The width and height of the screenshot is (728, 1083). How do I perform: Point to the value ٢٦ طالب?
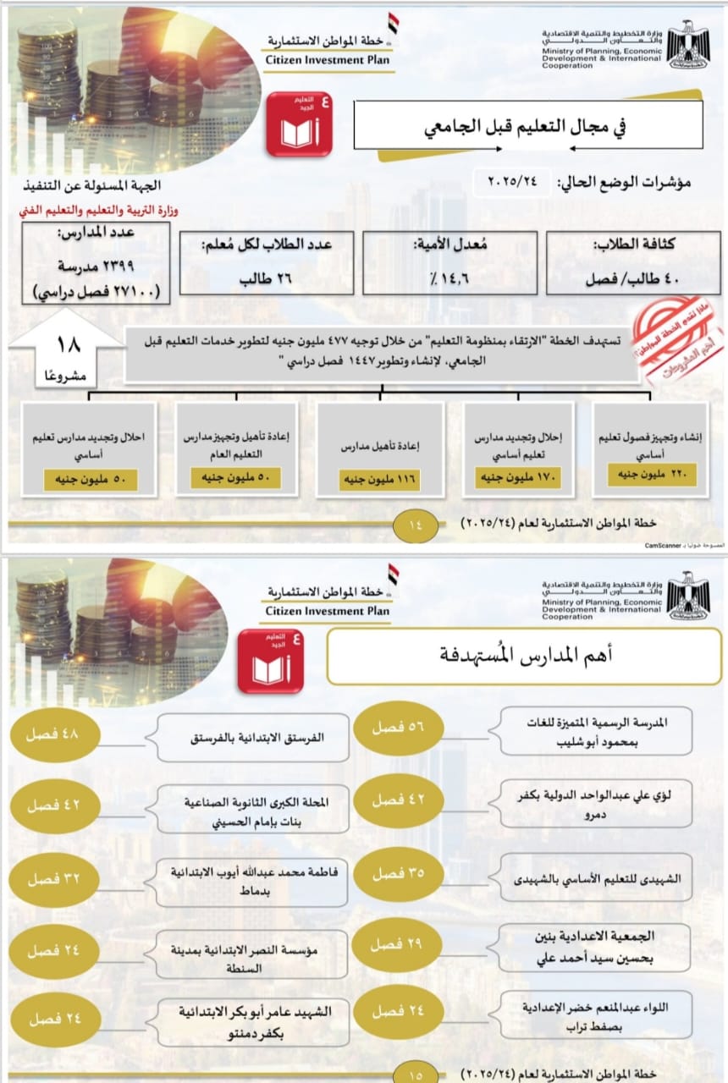[x=259, y=277]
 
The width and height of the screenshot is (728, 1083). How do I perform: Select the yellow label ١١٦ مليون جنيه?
[x=380, y=480]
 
